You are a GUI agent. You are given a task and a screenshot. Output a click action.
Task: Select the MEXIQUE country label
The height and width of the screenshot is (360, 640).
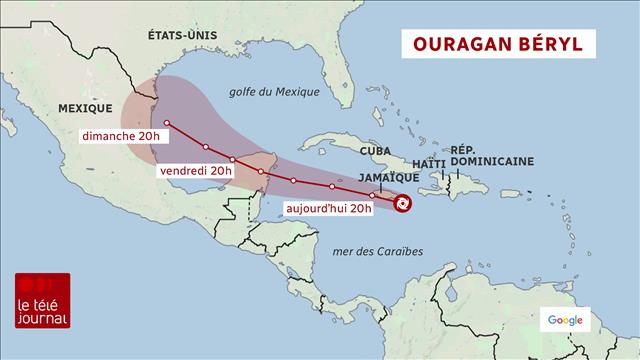pyautogui.click(x=84, y=106)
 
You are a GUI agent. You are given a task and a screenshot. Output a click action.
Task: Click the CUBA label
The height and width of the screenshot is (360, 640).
pyautogui.click(x=376, y=150)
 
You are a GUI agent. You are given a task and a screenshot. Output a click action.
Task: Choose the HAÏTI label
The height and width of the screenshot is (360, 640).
pyautogui.click(x=428, y=163)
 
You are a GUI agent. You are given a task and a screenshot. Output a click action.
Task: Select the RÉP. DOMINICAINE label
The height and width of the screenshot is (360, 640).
pyautogui.click(x=491, y=154)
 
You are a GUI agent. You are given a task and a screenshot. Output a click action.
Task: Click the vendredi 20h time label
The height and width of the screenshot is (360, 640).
pyautogui.click(x=196, y=170)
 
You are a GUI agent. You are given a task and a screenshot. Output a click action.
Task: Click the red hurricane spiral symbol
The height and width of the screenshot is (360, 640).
pyautogui.click(x=402, y=203)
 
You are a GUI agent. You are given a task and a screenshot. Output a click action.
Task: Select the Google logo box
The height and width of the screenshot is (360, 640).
pyautogui.click(x=565, y=320)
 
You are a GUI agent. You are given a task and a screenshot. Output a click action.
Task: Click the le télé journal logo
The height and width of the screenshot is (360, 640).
pyautogui.click(x=42, y=300)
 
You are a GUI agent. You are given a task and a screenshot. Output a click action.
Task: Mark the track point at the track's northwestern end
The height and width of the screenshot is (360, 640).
pyautogui.click(x=167, y=123)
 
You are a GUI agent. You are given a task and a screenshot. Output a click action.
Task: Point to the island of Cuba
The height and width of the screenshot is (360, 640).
pyautogui.click(x=340, y=140)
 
